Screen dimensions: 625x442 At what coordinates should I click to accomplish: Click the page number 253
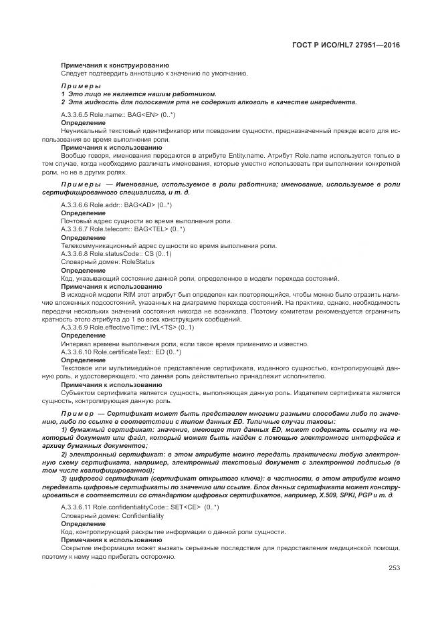[x=394, y=568]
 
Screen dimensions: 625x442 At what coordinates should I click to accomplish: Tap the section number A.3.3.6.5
[x=74, y=115]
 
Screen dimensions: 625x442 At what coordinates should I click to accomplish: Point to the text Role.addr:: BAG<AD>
[x=124, y=204]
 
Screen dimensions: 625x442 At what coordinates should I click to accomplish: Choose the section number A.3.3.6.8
[x=74, y=254]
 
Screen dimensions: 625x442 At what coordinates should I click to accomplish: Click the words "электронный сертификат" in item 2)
[x=106, y=454]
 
